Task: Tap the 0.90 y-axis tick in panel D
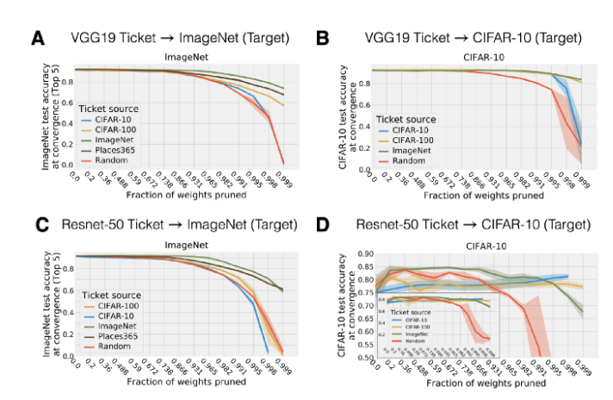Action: click(366, 254)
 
